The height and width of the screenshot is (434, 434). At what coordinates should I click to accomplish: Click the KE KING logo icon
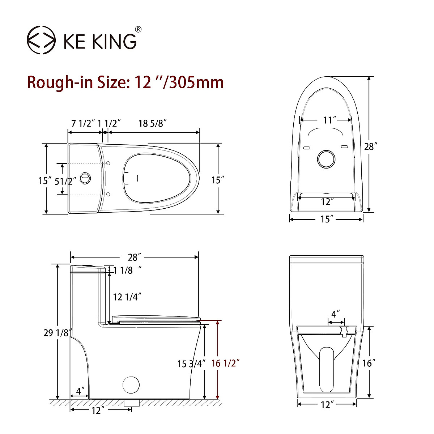click(42, 40)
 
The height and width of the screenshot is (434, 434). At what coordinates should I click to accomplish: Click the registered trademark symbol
click(138, 29)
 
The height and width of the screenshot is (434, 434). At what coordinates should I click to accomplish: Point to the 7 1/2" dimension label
click(83, 123)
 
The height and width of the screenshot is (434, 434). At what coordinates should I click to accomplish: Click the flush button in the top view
click(85, 178)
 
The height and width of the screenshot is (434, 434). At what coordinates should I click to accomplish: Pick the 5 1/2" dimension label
click(65, 181)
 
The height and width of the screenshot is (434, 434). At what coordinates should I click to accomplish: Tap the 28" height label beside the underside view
click(370, 146)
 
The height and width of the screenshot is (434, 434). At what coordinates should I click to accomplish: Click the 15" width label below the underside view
click(326, 219)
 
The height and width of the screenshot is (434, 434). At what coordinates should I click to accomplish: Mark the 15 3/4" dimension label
click(191, 363)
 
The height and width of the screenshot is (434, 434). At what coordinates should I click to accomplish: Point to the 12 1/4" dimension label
click(127, 297)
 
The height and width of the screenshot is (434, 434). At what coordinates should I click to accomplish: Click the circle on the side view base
click(131, 385)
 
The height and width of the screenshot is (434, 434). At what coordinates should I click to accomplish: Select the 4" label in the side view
click(81, 391)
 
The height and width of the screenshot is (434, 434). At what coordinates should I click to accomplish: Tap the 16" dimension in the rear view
click(369, 363)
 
